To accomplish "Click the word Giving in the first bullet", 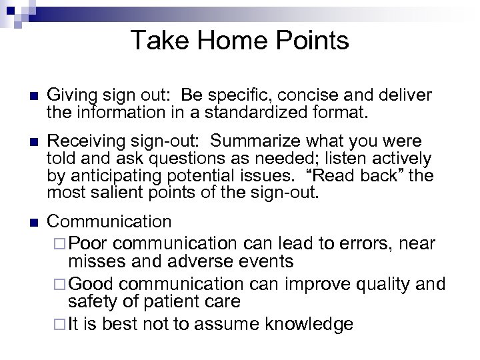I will [71, 95].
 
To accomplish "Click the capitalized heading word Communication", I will [109, 221].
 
